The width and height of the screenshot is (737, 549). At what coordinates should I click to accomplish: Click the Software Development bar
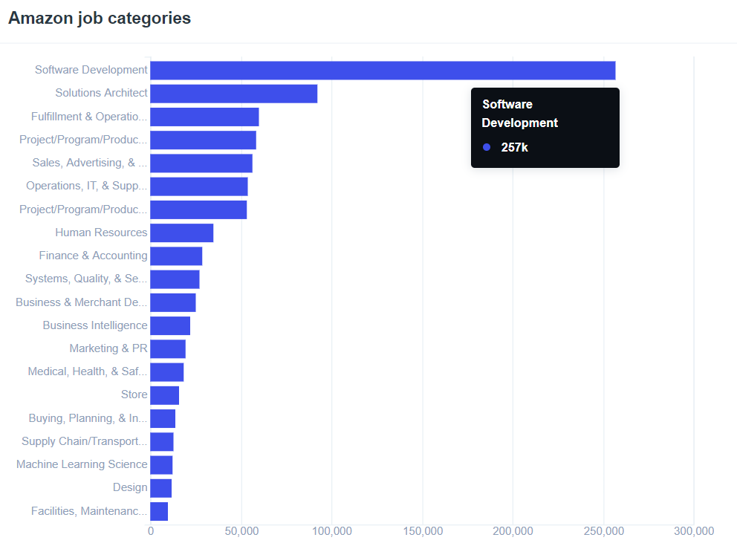click(383, 71)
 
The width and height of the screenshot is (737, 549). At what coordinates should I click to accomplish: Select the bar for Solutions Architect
click(233, 94)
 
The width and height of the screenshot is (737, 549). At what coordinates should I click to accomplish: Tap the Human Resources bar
click(181, 233)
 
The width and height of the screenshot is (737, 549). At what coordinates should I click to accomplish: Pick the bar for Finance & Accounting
click(176, 256)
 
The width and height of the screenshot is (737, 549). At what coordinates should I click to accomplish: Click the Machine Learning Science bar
click(161, 465)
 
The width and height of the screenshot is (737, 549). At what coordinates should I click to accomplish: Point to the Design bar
click(160, 488)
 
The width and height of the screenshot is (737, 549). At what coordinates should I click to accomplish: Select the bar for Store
click(164, 395)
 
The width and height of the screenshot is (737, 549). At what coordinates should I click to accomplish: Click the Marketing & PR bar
click(168, 349)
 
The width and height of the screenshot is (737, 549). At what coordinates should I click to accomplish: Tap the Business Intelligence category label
click(95, 325)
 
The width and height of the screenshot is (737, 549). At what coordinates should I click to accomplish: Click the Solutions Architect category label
click(101, 94)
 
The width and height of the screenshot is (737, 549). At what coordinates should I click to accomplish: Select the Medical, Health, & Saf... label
click(88, 371)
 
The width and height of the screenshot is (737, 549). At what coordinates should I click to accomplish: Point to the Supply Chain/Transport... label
click(85, 441)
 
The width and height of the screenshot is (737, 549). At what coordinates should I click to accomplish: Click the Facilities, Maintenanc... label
click(89, 511)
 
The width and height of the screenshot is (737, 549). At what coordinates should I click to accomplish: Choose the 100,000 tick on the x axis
click(331, 531)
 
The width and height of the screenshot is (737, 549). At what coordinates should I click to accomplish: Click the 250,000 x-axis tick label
click(603, 531)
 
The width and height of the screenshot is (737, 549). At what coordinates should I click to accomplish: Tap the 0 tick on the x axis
click(151, 531)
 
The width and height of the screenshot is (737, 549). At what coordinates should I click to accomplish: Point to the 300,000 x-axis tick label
click(694, 531)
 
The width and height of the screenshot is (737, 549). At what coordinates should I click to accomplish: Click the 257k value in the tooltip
click(514, 147)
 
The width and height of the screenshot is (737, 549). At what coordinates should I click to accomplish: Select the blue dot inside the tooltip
click(487, 147)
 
